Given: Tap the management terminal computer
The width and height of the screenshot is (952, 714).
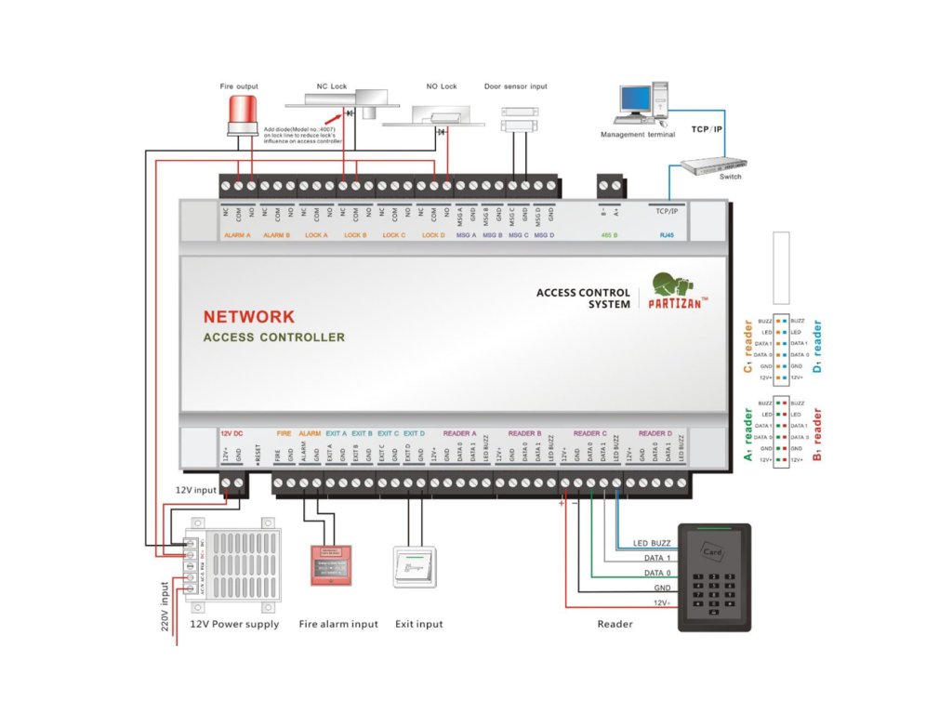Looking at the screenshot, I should pyautogui.click(x=642, y=102).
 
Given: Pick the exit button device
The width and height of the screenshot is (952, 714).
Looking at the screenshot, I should pyautogui.click(x=415, y=566).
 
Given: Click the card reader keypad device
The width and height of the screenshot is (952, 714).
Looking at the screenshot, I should pyautogui.click(x=713, y=577).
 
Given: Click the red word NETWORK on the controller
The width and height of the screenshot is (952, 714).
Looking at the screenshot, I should pyautogui.click(x=248, y=317).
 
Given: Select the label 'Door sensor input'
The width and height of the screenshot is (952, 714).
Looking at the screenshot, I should pyautogui.click(x=516, y=86).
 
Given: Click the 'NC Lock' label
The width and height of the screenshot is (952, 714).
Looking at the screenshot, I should pyautogui.click(x=331, y=86).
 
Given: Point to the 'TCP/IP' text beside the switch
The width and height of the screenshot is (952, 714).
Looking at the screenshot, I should pyautogui.click(x=706, y=129).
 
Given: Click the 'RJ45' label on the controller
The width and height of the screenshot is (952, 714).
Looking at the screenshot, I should pyautogui.click(x=667, y=235).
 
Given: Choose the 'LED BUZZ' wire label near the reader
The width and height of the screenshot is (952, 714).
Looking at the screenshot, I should pyautogui.click(x=652, y=543).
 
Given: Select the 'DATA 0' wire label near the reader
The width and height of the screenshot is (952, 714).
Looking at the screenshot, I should pyautogui.click(x=657, y=573).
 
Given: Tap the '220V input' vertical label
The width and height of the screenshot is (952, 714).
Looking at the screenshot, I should pyautogui.click(x=165, y=607).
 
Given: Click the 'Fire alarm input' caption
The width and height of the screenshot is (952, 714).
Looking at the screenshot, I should pyautogui.click(x=338, y=624).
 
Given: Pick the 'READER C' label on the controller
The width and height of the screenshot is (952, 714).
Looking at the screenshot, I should pyautogui.click(x=589, y=433).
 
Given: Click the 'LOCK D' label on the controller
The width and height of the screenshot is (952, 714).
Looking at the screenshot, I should pyautogui.click(x=432, y=235).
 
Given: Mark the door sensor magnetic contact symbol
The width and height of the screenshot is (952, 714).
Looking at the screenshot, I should pyautogui.click(x=514, y=117).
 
